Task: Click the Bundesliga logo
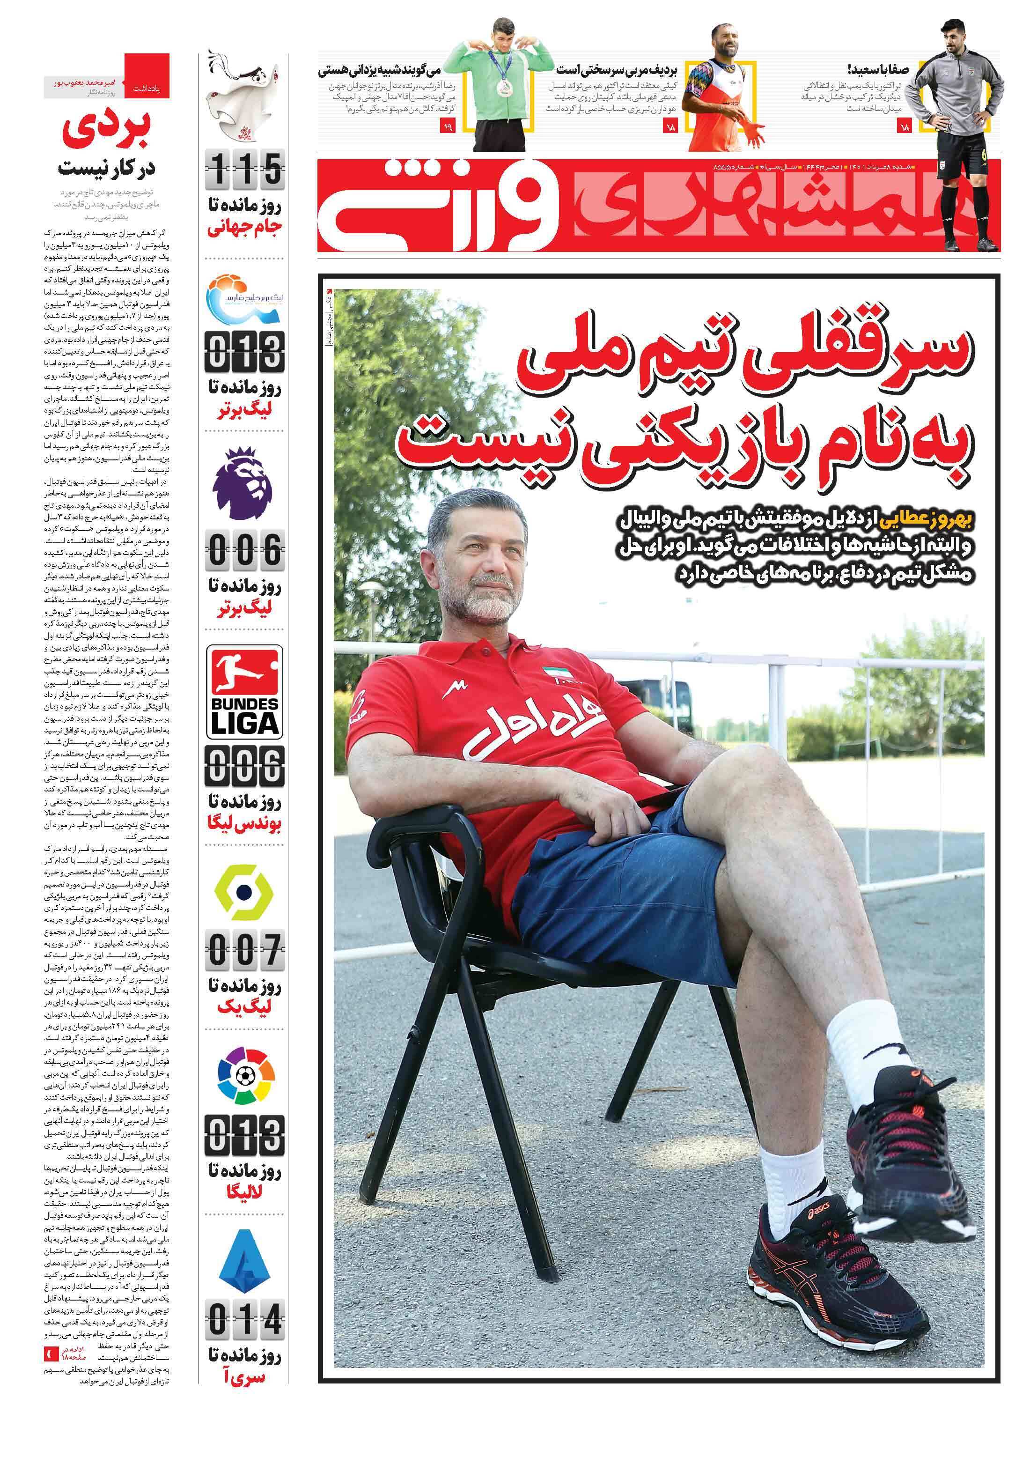tap(244, 692)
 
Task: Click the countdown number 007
tap(244, 951)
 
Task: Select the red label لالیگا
tap(244, 1192)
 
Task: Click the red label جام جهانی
tap(244, 229)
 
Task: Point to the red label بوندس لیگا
tap(244, 824)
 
